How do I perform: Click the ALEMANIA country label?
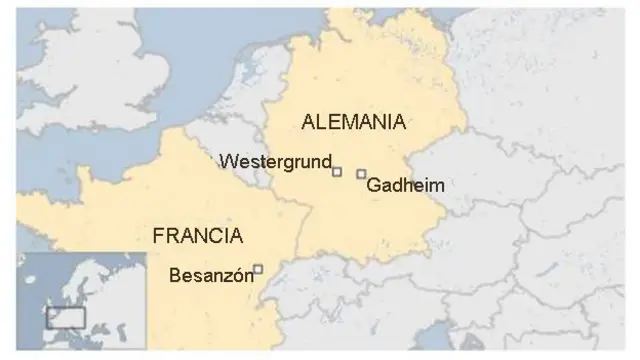tap(353, 123)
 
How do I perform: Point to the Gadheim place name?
tap(405, 186)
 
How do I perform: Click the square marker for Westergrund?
tap(337, 172)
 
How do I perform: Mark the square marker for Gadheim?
tap(361, 173)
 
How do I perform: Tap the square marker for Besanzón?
tap(258, 268)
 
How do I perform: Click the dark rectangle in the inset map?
tap(65, 318)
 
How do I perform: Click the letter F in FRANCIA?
tap(157, 236)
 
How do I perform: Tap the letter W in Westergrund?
tap(226, 161)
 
